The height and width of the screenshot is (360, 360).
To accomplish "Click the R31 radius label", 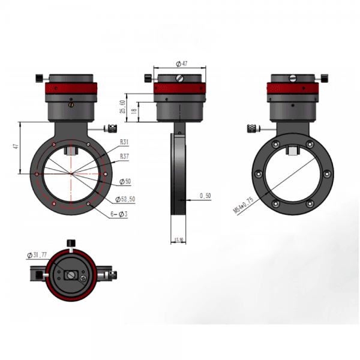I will (125, 143).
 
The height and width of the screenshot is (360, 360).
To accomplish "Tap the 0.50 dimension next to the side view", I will (205, 196).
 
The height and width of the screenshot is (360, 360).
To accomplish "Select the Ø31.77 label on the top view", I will (38, 255).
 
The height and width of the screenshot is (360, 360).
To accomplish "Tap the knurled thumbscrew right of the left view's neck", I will (112, 128).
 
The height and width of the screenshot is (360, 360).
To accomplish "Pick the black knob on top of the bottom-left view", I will (71, 243).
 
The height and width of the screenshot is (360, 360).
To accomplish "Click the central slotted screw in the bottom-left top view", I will (71, 275).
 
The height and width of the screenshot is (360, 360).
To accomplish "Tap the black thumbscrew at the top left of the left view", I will (40, 77).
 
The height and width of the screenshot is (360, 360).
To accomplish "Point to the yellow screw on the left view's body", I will (71, 106).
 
